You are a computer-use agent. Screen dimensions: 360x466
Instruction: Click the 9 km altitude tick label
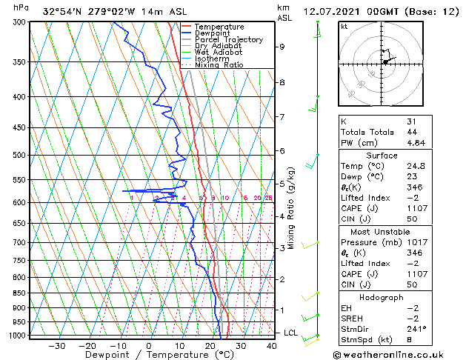(282, 47)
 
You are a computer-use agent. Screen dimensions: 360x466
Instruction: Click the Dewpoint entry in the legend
(213, 33)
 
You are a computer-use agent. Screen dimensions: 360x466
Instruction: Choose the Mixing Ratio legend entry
(219, 65)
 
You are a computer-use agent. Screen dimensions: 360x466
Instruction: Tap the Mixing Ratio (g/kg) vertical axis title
(292, 207)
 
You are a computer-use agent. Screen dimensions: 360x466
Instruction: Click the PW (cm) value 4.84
(416, 143)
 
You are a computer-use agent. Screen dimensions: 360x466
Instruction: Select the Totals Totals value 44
(412, 132)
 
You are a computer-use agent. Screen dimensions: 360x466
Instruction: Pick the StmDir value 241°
(416, 329)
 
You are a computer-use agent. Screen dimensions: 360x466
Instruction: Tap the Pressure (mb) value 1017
(416, 242)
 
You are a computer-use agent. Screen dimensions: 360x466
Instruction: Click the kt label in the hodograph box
(344, 26)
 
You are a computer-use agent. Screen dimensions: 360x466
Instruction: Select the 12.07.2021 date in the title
(330, 11)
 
